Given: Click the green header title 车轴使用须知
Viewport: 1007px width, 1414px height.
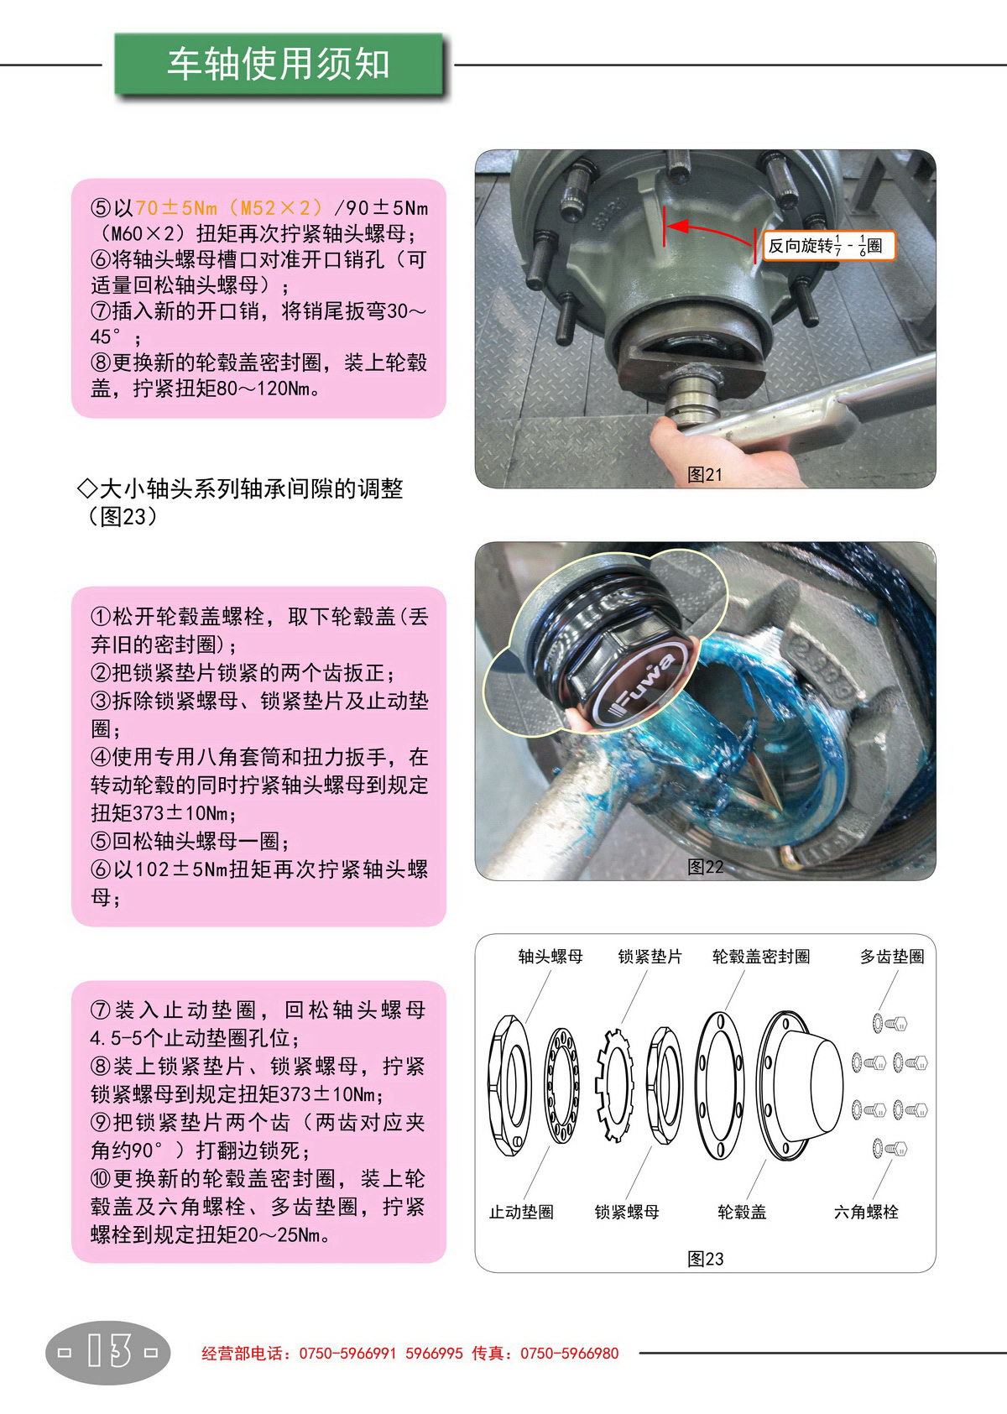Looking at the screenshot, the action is pos(278,64).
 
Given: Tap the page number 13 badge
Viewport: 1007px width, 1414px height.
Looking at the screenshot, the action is pos(108,1352).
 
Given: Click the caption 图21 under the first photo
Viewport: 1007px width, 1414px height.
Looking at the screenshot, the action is pos(705,474).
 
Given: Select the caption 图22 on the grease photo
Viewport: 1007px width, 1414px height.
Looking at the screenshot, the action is pos(705,867).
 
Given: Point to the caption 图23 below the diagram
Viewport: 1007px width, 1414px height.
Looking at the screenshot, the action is pos(705,1259).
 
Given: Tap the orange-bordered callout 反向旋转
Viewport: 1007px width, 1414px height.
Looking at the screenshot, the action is pos(829,246).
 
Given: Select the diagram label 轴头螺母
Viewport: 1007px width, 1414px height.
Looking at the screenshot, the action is pos(550,957).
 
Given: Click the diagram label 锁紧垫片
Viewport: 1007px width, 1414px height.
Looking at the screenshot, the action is pos(650,957).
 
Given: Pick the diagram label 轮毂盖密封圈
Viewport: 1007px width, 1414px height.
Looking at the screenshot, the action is pos(761,957).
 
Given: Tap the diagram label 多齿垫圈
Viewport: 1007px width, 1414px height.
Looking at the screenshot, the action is pos(891,957).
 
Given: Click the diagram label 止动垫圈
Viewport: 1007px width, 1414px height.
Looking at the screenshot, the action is pos(521,1212).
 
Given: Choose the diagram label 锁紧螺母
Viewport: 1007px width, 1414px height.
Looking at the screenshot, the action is pos(627,1212).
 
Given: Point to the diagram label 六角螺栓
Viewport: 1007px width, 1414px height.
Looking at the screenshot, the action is pos(865,1212).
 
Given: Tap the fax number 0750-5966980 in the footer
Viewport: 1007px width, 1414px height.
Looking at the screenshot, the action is pos(569,1354).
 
